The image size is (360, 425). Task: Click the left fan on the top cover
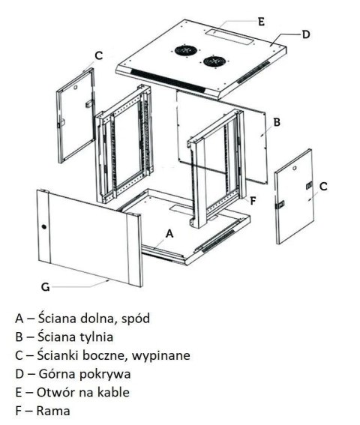pos(184,52)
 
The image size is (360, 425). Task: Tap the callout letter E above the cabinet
pos(261,22)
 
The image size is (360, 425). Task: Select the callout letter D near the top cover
pos(306,34)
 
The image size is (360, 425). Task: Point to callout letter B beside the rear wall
pos(277,121)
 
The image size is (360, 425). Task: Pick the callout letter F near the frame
pos(253,200)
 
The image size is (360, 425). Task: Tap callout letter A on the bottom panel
pos(169,233)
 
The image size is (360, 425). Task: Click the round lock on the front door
pos(43,227)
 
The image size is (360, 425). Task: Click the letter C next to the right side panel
pos(322,185)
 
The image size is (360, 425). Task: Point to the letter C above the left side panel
pos(98,55)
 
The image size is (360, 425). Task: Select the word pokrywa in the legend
pos(98,373)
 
